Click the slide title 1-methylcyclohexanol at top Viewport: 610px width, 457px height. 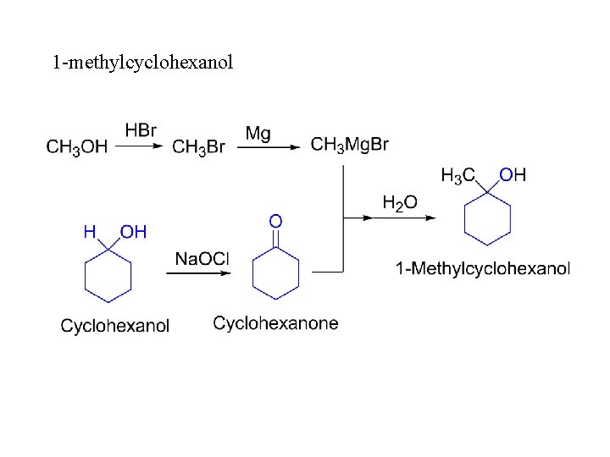[142, 63]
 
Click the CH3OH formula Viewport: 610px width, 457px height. [76, 147]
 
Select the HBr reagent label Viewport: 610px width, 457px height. [141, 130]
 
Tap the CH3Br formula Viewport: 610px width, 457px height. [198, 147]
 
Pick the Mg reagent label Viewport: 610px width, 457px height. [258, 133]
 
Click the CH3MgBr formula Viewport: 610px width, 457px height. [350, 145]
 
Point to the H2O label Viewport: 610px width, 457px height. [400, 202]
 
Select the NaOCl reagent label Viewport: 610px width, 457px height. [202, 258]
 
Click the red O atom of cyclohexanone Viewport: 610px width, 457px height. [275, 221]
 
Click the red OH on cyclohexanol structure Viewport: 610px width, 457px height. [134, 231]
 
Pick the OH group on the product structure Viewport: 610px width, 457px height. [513, 175]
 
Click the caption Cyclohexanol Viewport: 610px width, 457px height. [115, 326]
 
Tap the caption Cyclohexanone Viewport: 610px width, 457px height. [275, 323]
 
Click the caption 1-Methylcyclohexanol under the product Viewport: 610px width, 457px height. [483, 269]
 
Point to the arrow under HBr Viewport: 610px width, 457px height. [139, 146]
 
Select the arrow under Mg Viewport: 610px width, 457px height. [268, 146]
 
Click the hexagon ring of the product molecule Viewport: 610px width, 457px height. [488, 219]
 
